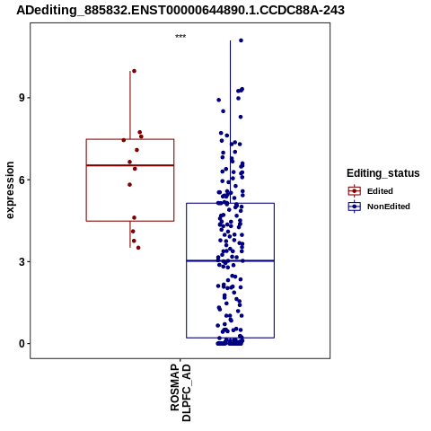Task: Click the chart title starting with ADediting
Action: coord(180,10)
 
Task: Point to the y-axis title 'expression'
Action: coord(10,190)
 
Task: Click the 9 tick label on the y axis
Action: coord(22,98)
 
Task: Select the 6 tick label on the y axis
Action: coord(22,180)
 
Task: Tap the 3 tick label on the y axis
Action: coord(22,262)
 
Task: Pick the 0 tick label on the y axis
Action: coord(22,344)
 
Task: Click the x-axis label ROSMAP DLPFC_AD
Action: coord(180,392)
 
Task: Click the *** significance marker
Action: coord(180,36)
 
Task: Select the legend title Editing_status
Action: coord(383,173)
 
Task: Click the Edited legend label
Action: coord(380,191)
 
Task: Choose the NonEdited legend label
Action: coord(389,207)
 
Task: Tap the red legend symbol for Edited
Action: coord(355,191)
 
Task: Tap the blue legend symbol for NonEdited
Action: coord(355,207)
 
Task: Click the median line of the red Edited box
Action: coord(130,165)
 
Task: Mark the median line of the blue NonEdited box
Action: coord(230,261)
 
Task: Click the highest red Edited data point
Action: coord(134,71)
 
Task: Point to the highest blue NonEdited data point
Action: coord(241,40)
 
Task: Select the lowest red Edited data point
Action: coord(138,248)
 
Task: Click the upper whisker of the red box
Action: coord(130,105)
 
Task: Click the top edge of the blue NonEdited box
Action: coord(230,204)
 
